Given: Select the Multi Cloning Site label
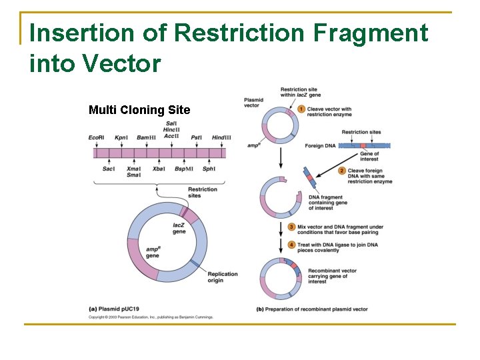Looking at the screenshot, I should click(139, 110).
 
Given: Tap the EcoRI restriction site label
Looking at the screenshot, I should click(96, 137).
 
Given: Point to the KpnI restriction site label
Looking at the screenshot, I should click(121, 137).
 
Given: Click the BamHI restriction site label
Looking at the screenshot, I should click(146, 137).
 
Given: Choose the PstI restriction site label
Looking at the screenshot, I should click(196, 137).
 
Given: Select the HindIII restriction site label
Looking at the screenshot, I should click(221, 137).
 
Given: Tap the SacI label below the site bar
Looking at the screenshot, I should click(109, 169).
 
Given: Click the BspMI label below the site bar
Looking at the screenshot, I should click(184, 169).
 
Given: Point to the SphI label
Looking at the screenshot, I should click(209, 169).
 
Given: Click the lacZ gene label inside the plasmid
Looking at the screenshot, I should click(179, 229).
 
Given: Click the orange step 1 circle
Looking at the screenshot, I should click(301, 109).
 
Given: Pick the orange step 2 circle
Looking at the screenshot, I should click(342, 171).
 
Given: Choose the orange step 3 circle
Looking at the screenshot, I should click(291, 227).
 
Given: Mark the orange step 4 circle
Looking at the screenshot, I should click(291, 245).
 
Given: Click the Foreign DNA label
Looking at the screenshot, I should click(319, 145).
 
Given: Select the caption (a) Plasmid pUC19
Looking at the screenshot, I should click(119, 309).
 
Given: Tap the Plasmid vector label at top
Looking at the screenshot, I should click(253, 102).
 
